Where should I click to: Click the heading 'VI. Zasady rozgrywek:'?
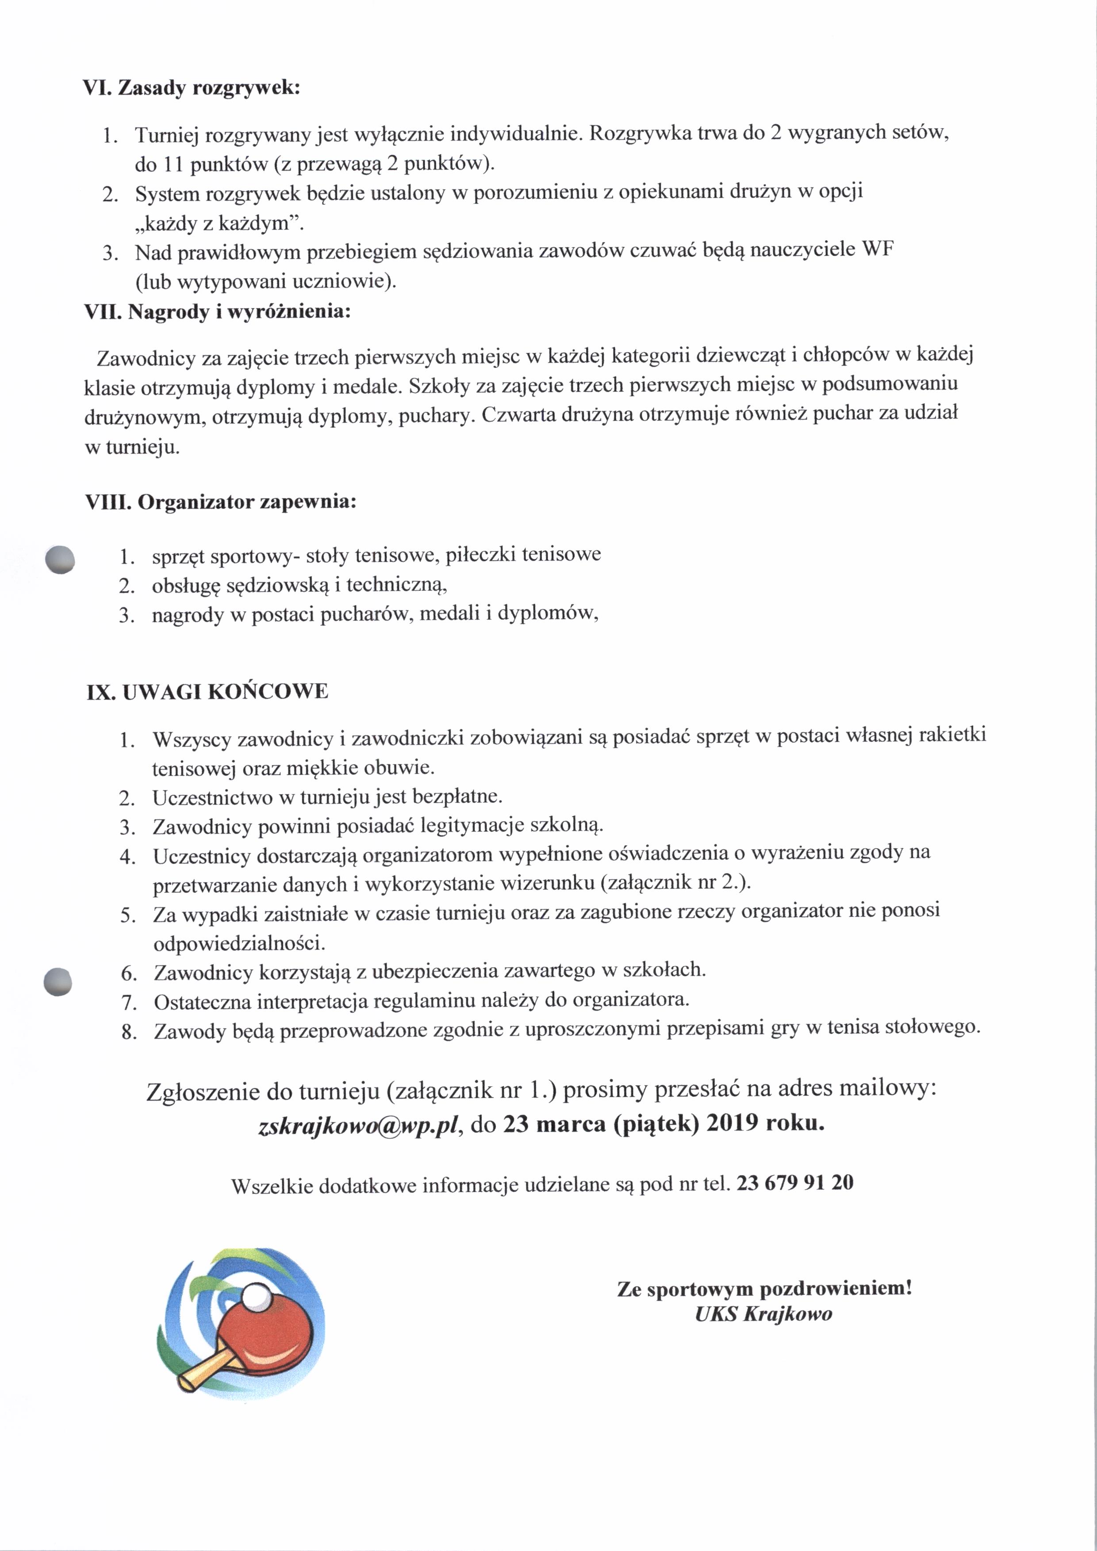click(x=191, y=88)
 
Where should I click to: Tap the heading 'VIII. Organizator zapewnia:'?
click(x=220, y=502)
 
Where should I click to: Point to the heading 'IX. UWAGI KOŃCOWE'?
click(x=207, y=692)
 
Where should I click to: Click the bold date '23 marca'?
click(x=553, y=1124)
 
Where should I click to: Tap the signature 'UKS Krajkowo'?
click(x=763, y=1314)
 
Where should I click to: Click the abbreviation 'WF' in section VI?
click(x=878, y=250)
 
